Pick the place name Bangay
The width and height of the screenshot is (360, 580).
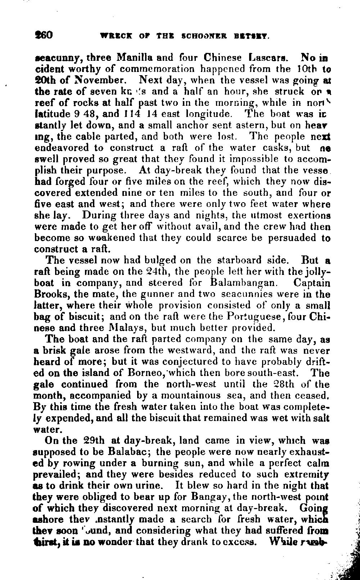point(208,497)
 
